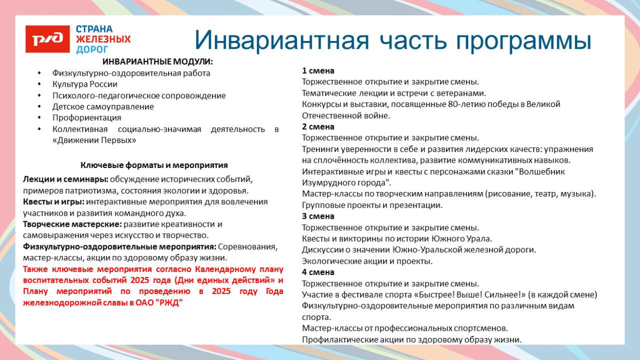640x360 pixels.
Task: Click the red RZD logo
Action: [47, 39]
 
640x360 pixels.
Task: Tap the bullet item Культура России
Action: [84, 84]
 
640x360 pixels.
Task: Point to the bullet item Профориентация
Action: [87, 118]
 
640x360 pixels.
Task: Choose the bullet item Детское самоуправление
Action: [102, 107]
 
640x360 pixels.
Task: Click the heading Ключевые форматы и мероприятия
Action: [154, 165]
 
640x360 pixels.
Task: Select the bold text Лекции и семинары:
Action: [65, 179]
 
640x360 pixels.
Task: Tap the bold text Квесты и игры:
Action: [53, 202]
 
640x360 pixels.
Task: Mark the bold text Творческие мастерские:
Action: [72, 224]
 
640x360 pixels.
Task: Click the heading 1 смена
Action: [318, 71]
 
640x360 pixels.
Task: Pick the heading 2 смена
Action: [318, 126]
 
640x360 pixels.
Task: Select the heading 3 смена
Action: [318, 216]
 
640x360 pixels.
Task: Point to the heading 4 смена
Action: [318, 272]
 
